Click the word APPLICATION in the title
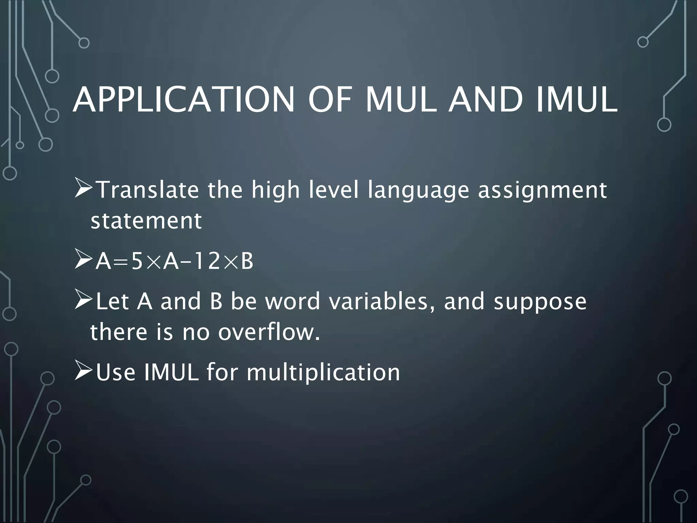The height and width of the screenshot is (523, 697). (x=183, y=100)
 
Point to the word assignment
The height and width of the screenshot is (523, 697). (x=542, y=191)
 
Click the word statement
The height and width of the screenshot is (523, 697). (x=146, y=221)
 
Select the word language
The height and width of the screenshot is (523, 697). (x=419, y=191)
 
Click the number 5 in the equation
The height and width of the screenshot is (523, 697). (x=137, y=262)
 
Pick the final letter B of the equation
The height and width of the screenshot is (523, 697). (x=247, y=262)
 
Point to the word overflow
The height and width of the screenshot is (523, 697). (x=269, y=332)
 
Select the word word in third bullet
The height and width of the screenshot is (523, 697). (x=293, y=302)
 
